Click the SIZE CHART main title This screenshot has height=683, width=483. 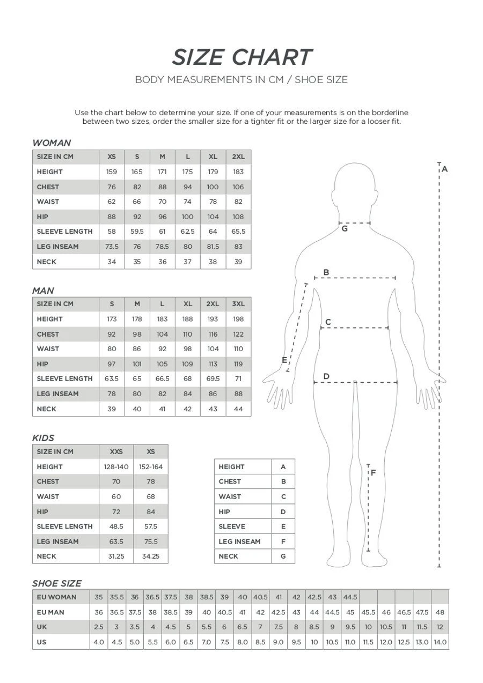pyautogui.click(x=241, y=57)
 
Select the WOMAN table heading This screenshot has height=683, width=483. pyautogui.click(x=52, y=143)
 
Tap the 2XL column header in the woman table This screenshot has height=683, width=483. pyautogui.click(x=238, y=157)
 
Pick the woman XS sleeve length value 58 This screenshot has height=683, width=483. pyautogui.click(x=112, y=232)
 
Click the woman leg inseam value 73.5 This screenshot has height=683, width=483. pyautogui.click(x=112, y=247)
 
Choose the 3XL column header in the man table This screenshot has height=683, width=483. pyautogui.click(x=238, y=304)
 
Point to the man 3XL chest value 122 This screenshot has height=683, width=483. pyautogui.click(x=238, y=334)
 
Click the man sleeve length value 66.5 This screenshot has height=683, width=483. pyautogui.click(x=162, y=378)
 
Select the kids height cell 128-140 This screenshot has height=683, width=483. pyautogui.click(x=116, y=467)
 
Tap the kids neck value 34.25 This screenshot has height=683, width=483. pyautogui.click(x=151, y=556)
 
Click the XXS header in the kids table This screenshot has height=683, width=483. pyautogui.click(x=116, y=452)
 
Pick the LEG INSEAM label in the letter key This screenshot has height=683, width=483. pyautogui.click(x=239, y=541)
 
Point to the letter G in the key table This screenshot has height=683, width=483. pyautogui.click(x=283, y=556)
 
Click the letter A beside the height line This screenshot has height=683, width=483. pyautogui.click(x=444, y=169)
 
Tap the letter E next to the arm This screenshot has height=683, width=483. pyautogui.click(x=284, y=360)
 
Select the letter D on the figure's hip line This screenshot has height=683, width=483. pyautogui.click(x=326, y=376)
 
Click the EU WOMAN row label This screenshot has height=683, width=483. pyautogui.click(x=56, y=597)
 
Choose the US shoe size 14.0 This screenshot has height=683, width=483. pyautogui.click(x=440, y=642)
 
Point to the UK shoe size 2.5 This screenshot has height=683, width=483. pyautogui.click(x=99, y=627)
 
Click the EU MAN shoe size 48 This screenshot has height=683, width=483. pyautogui.click(x=440, y=612)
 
